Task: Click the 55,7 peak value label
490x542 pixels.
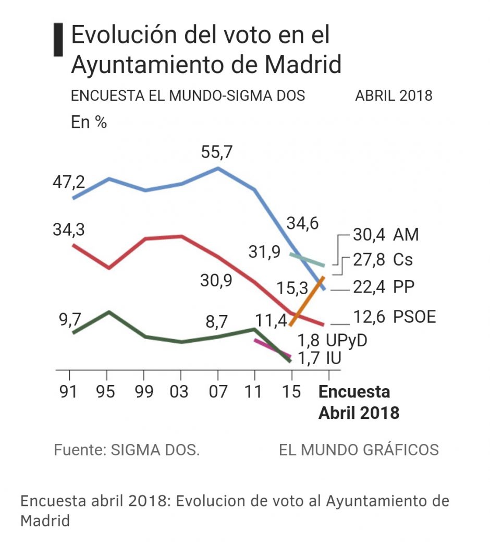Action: pyautogui.click(x=217, y=153)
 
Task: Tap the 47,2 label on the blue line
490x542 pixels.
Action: pyautogui.click(x=68, y=183)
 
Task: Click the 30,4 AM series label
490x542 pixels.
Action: pyautogui.click(x=385, y=235)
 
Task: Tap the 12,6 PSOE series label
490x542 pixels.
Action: pyautogui.click(x=394, y=316)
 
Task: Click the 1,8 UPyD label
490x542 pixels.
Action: pyautogui.click(x=332, y=340)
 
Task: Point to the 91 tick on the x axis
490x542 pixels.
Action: pyautogui.click(x=69, y=392)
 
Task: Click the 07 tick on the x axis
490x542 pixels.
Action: pyautogui.click(x=217, y=392)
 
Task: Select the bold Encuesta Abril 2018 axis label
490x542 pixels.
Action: pyautogui.click(x=358, y=402)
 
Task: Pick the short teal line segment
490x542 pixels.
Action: pyautogui.click(x=308, y=260)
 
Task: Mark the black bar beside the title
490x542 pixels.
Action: pyautogui.click(x=56, y=40)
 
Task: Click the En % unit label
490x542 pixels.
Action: pyautogui.click(x=89, y=123)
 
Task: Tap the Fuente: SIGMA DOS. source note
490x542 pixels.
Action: pyautogui.click(x=127, y=450)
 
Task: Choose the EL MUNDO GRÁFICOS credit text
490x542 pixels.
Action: pyautogui.click(x=359, y=450)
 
